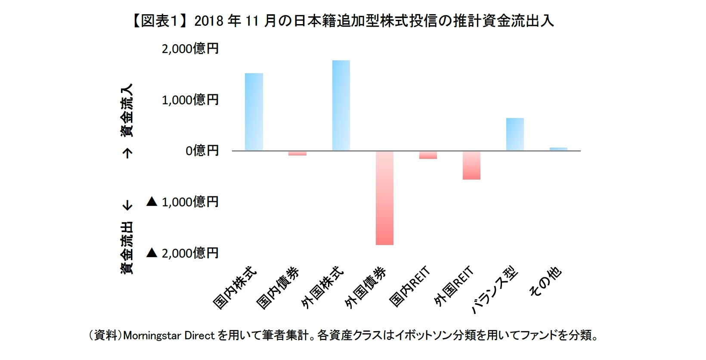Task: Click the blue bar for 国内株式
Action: pyautogui.click(x=254, y=112)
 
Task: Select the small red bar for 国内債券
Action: pyautogui.click(x=297, y=153)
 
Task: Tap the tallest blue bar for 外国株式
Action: pyautogui.click(x=341, y=106)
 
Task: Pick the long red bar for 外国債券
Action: pyautogui.click(x=384, y=198)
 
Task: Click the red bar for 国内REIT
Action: pyautogui.click(x=428, y=155)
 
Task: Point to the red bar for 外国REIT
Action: pyautogui.click(x=471, y=165)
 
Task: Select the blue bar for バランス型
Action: pyautogui.click(x=515, y=134)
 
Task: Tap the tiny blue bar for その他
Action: pyautogui.click(x=558, y=149)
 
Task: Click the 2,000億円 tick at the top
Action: pyautogui.click(x=190, y=49)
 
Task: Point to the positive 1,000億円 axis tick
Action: pyautogui.click(x=190, y=100)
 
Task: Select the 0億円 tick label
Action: pyautogui.click(x=202, y=151)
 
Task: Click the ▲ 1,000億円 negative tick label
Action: pyautogui.click(x=183, y=202)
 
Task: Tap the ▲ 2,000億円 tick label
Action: pyautogui.click(x=183, y=253)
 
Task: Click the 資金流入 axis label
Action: pyautogui.click(x=127, y=110)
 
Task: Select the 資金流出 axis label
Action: pyautogui.click(x=127, y=248)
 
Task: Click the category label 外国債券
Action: pyautogui.click(x=366, y=288)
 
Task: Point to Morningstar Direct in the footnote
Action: pyautogui.click(x=169, y=335)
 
